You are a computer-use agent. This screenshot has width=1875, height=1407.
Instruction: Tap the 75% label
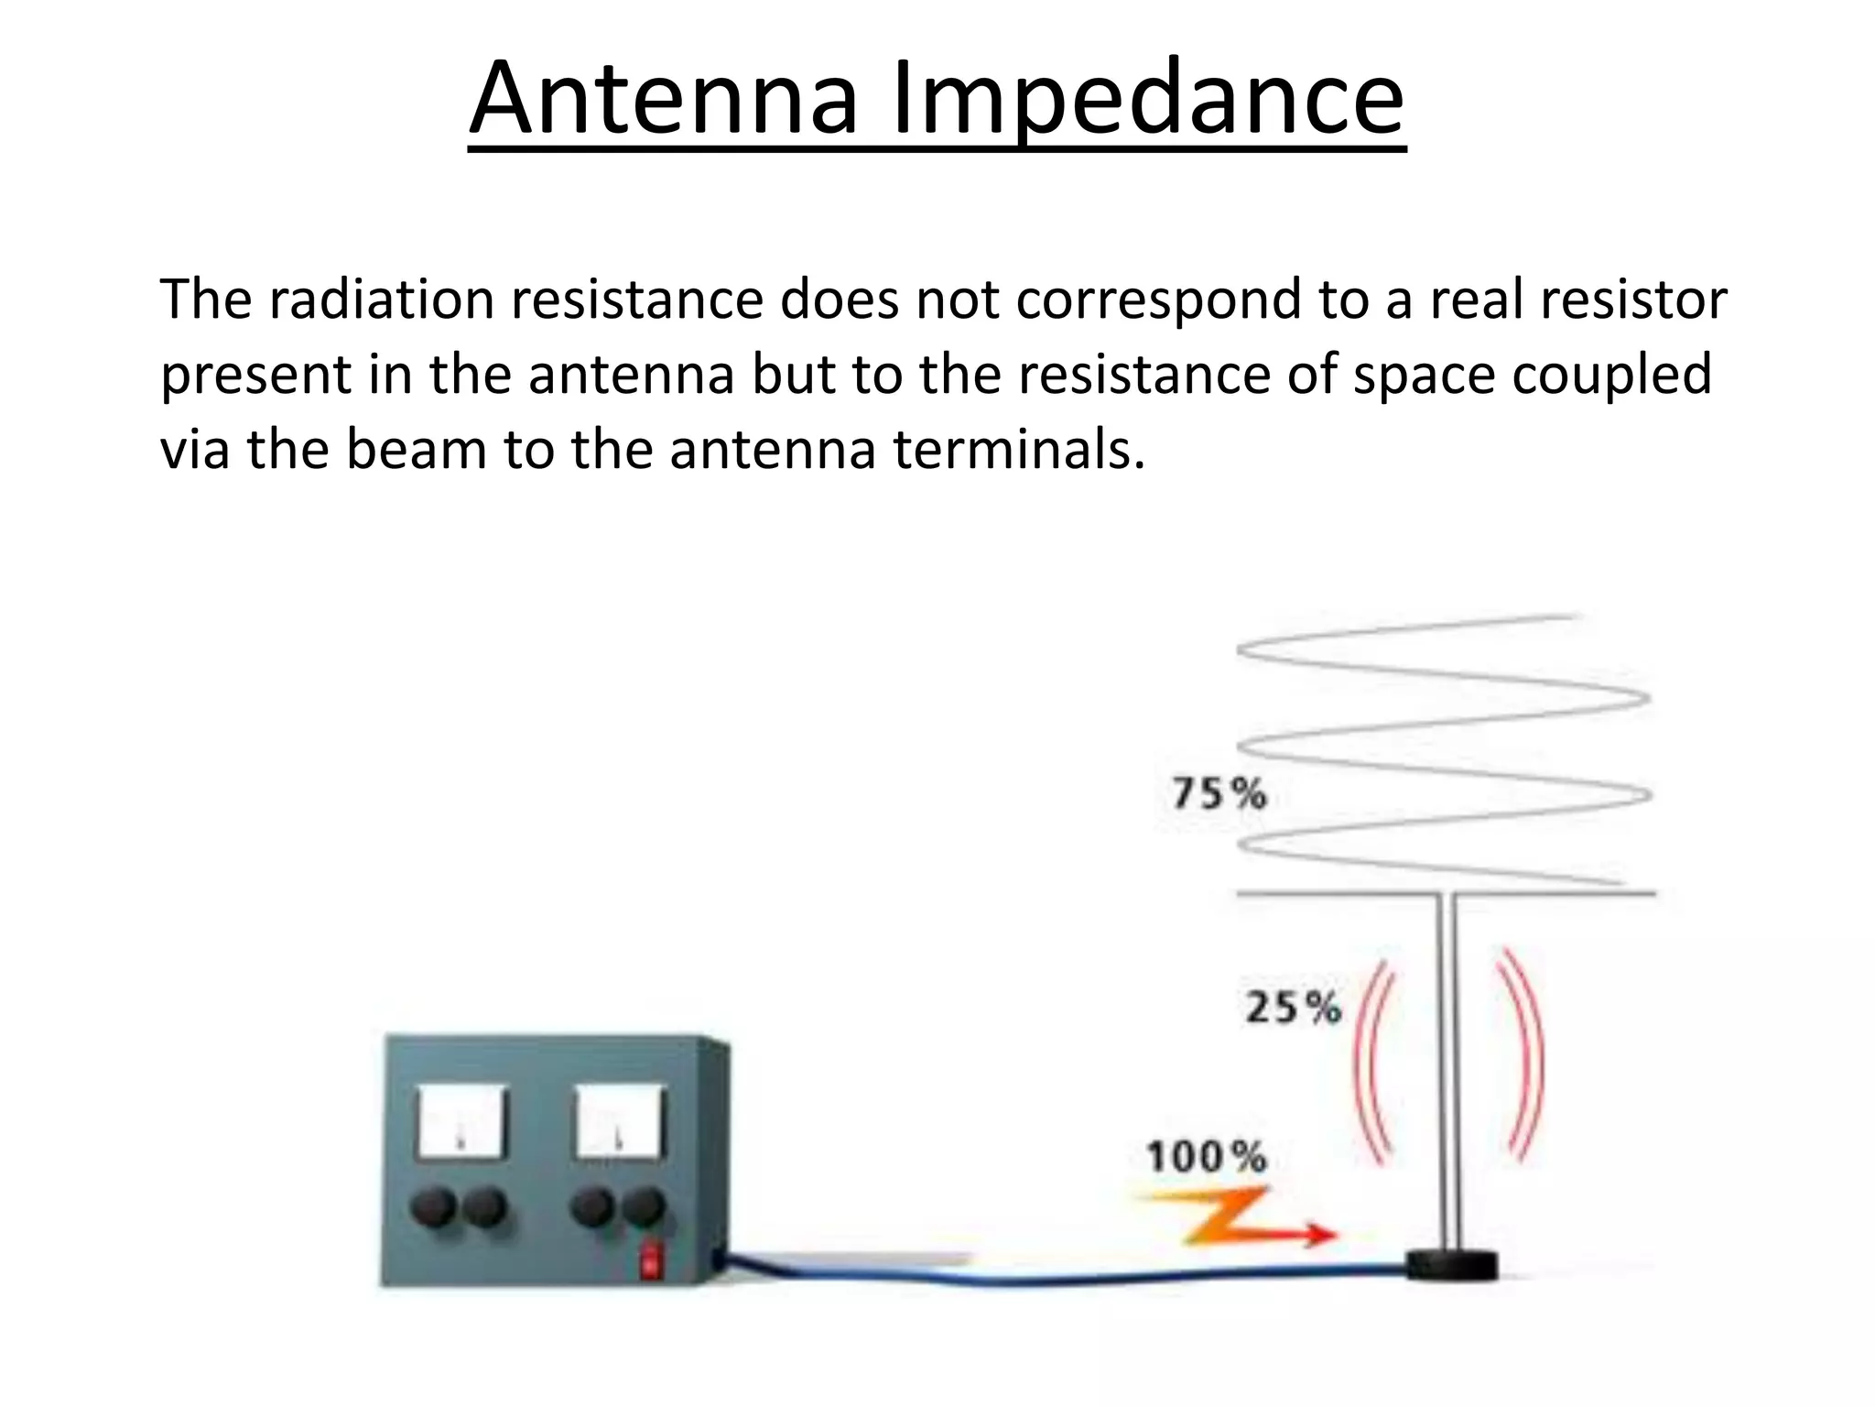click(x=1219, y=793)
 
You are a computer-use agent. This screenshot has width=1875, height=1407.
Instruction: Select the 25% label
click(x=1293, y=1008)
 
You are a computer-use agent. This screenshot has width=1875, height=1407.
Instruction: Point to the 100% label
click(x=1206, y=1157)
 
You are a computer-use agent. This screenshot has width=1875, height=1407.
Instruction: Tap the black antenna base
click(x=1451, y=1265)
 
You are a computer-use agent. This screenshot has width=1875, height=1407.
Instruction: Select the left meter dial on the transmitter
click(x=461, y=1121)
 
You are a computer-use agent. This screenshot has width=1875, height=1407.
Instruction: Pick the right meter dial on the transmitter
click(x=619, y=1121)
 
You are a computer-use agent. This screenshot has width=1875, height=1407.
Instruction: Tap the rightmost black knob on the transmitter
click(x=645, y=1207)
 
